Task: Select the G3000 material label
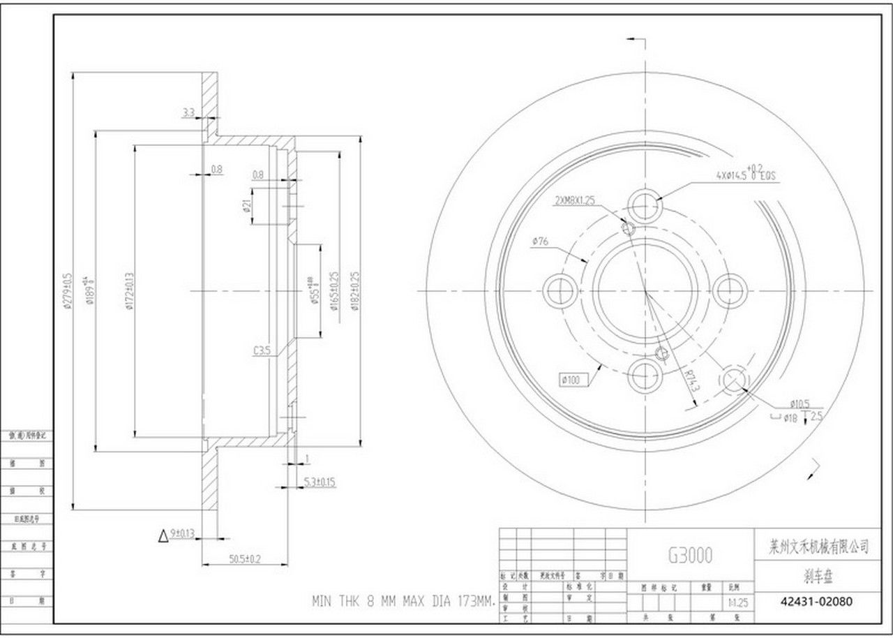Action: point(690,555)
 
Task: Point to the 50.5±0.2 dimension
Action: point(245,558)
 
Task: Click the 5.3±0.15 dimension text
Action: point(320,482)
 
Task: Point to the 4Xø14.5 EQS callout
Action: point(745,175)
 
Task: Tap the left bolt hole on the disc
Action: point(560,290)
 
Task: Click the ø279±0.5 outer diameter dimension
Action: point(68,290)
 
